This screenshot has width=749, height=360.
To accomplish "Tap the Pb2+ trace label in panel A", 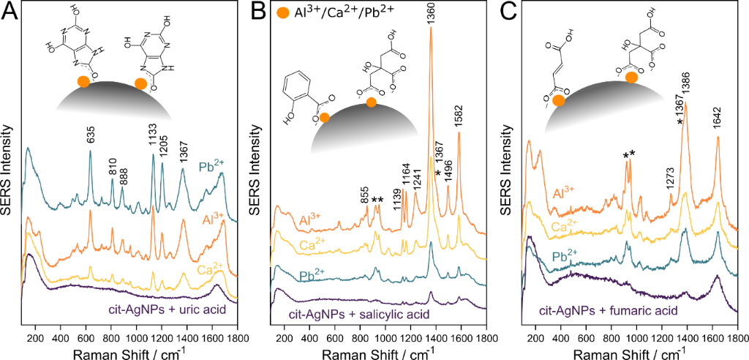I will (x=211, y=167).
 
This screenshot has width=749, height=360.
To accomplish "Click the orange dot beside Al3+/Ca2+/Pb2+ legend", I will (x=283, y=13).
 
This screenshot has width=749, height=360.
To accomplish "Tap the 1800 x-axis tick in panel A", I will (x=236, y=339).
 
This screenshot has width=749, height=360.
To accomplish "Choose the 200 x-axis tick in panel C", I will (x=535, y=339).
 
